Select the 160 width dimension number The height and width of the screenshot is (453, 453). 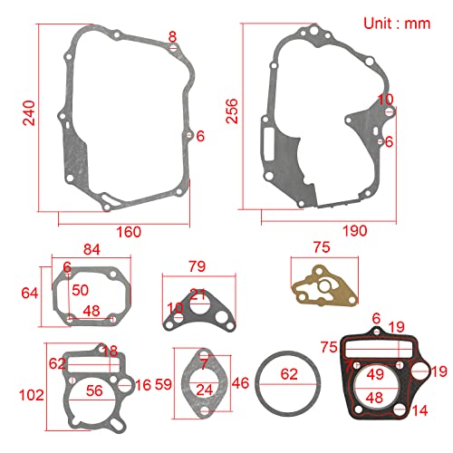[129, 232]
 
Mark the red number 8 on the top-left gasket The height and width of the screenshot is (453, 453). [173, 36]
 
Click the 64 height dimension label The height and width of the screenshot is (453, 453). [30, 293]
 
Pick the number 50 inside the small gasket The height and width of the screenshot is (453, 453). [81, 290]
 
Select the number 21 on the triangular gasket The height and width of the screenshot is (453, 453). [198, 294]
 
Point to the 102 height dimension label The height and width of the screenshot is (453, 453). [30, 395]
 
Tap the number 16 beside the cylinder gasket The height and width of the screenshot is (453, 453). [143, 386]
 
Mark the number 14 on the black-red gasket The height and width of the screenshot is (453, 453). [419, 410]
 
